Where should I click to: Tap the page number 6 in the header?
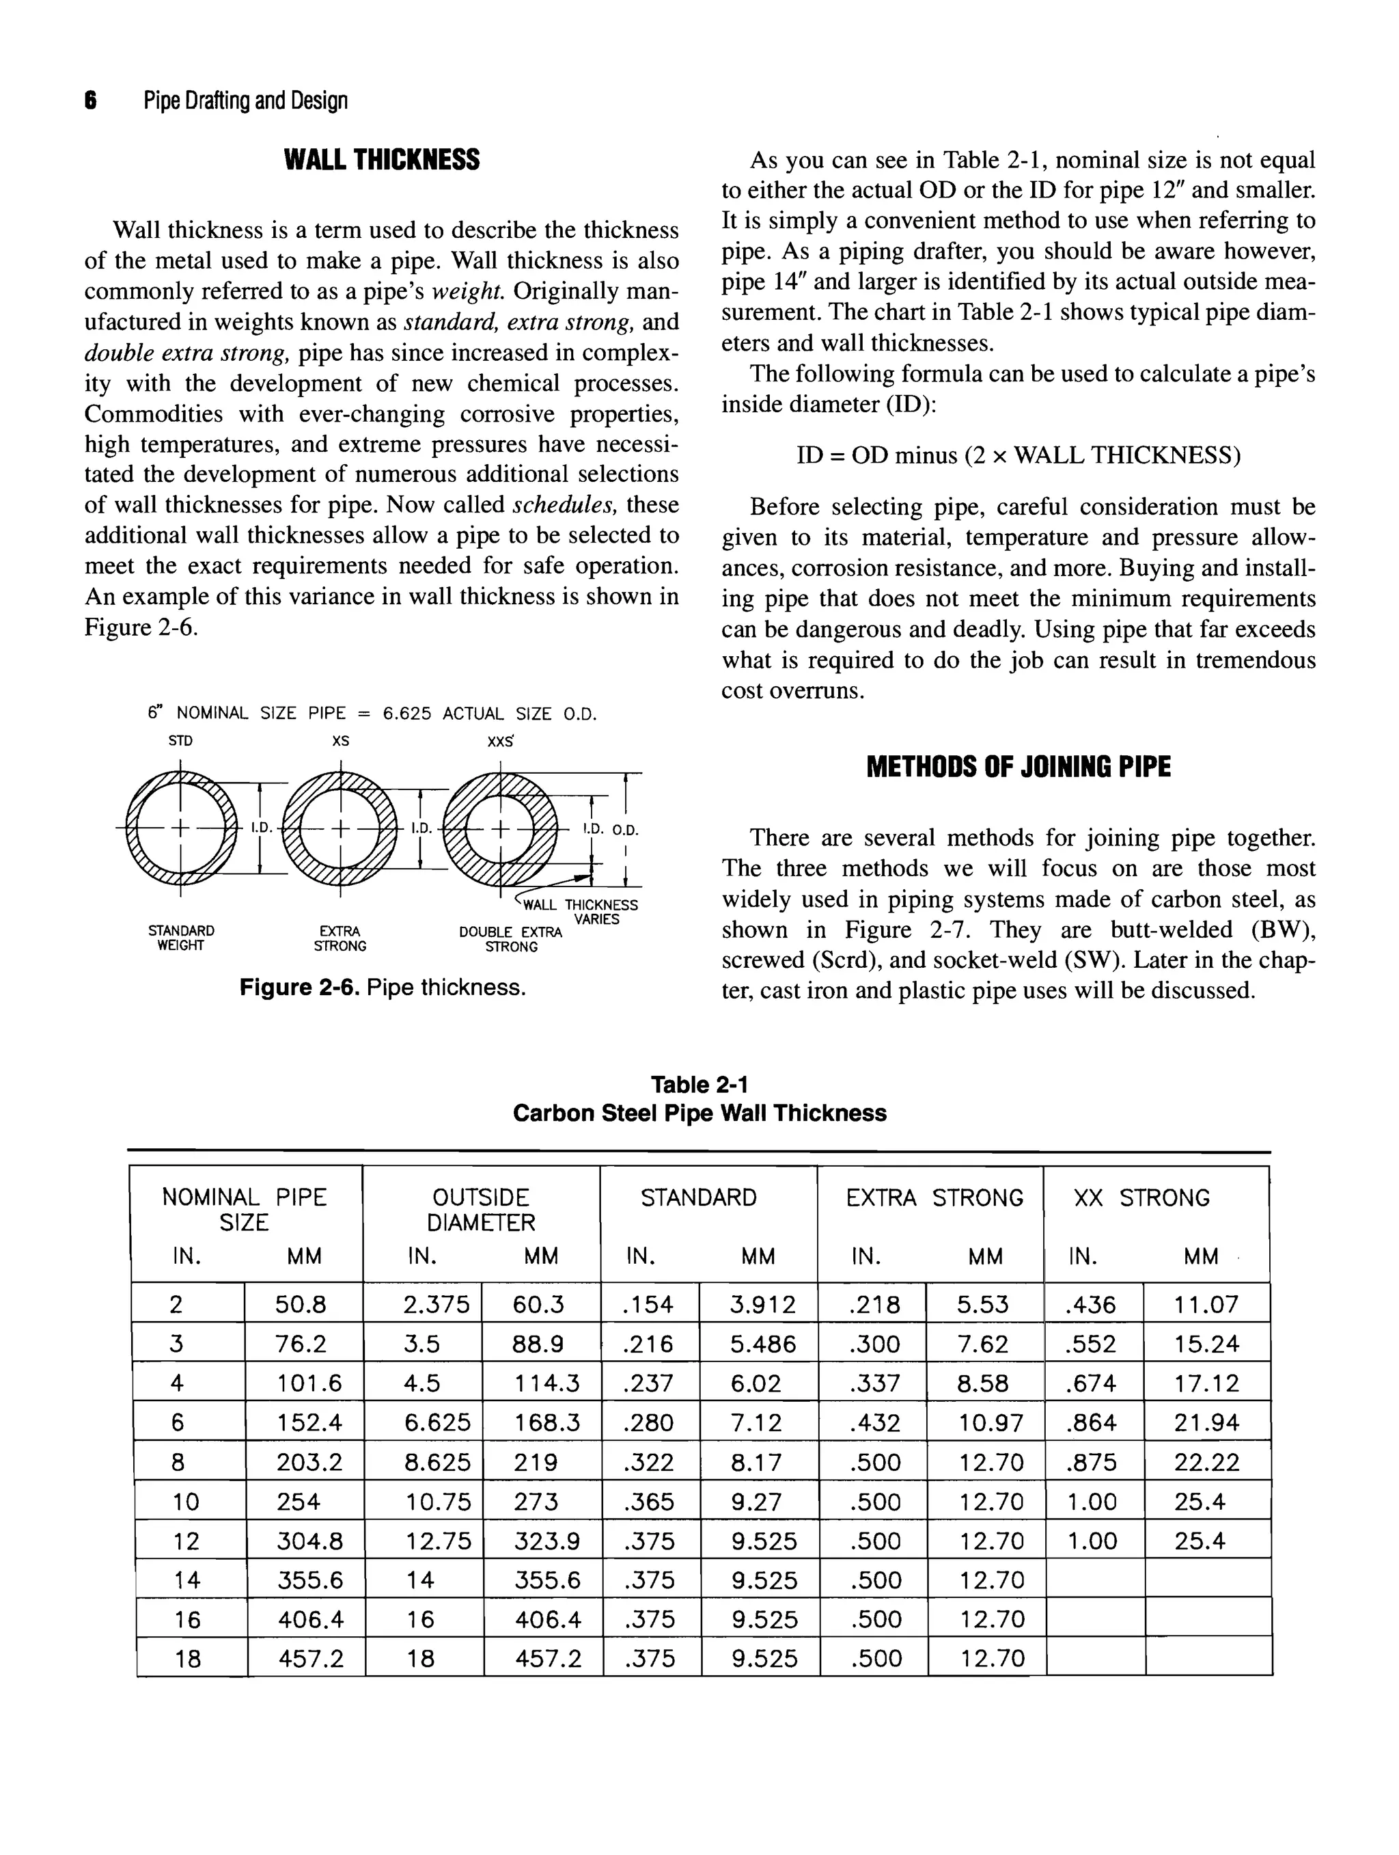point(91,101)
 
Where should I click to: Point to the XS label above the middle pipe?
point(340,742)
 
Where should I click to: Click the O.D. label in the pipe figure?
point(625,830)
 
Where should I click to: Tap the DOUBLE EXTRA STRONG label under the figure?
point(510,939)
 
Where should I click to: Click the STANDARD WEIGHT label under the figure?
point(181,938)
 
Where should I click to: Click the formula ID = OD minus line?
point(1018,455)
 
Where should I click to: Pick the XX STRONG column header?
point(1141,1197)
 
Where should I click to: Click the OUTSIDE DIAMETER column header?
point(480,1209)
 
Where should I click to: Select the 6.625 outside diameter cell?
point(437,1422)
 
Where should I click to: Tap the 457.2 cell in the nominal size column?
point(309,1658)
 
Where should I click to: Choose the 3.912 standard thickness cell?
point(762,1305)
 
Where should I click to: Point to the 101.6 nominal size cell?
point(309,1383)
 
